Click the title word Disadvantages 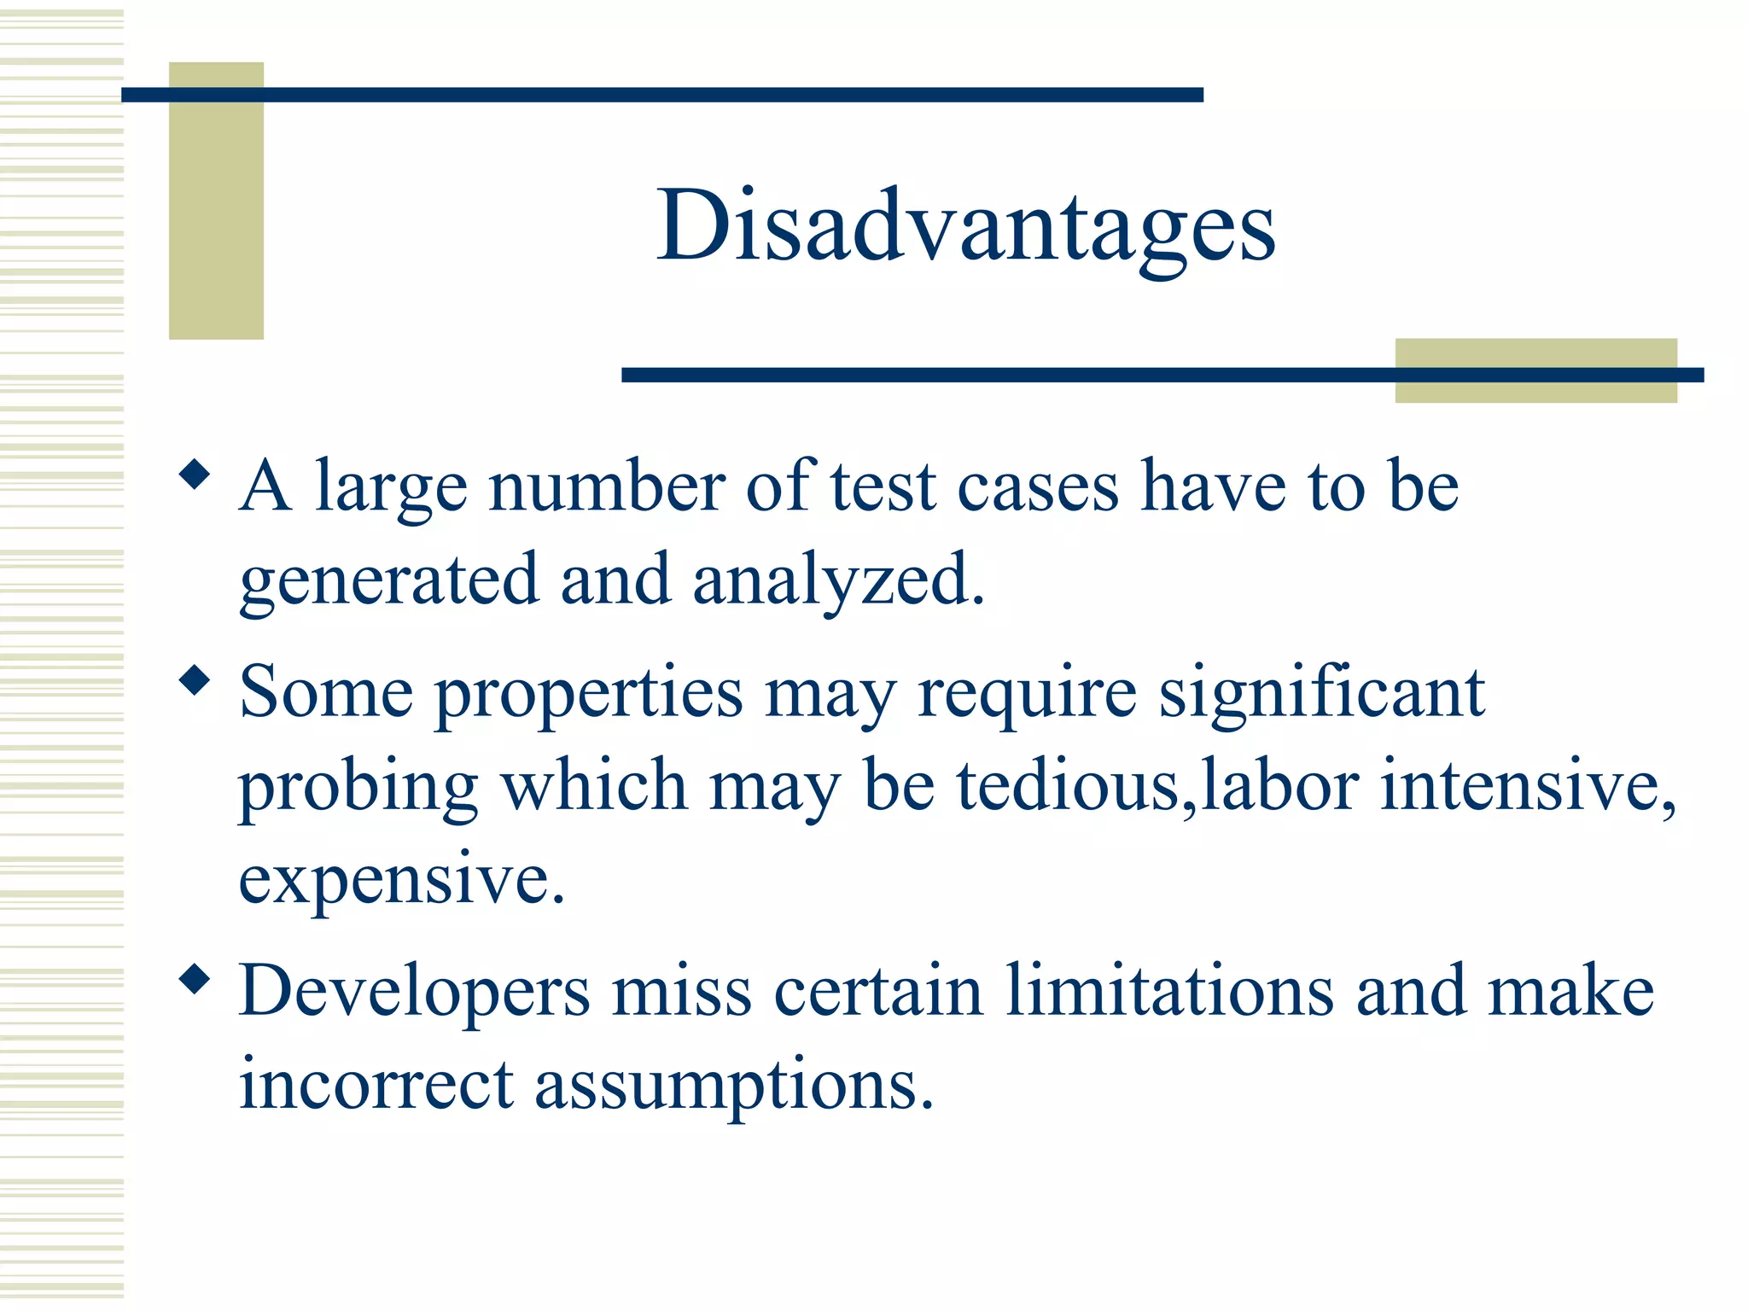click(x=965, y=226)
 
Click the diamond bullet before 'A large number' click(x=195, y=475)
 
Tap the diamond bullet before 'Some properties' click(x=195, y=680)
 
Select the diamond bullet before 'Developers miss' click(x=195, y=979)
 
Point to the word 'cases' click(x=1037, y=487)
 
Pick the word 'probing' click(x=358, y=787)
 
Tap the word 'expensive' click(x=400, y=881)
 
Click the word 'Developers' click(x=414, y=992)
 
